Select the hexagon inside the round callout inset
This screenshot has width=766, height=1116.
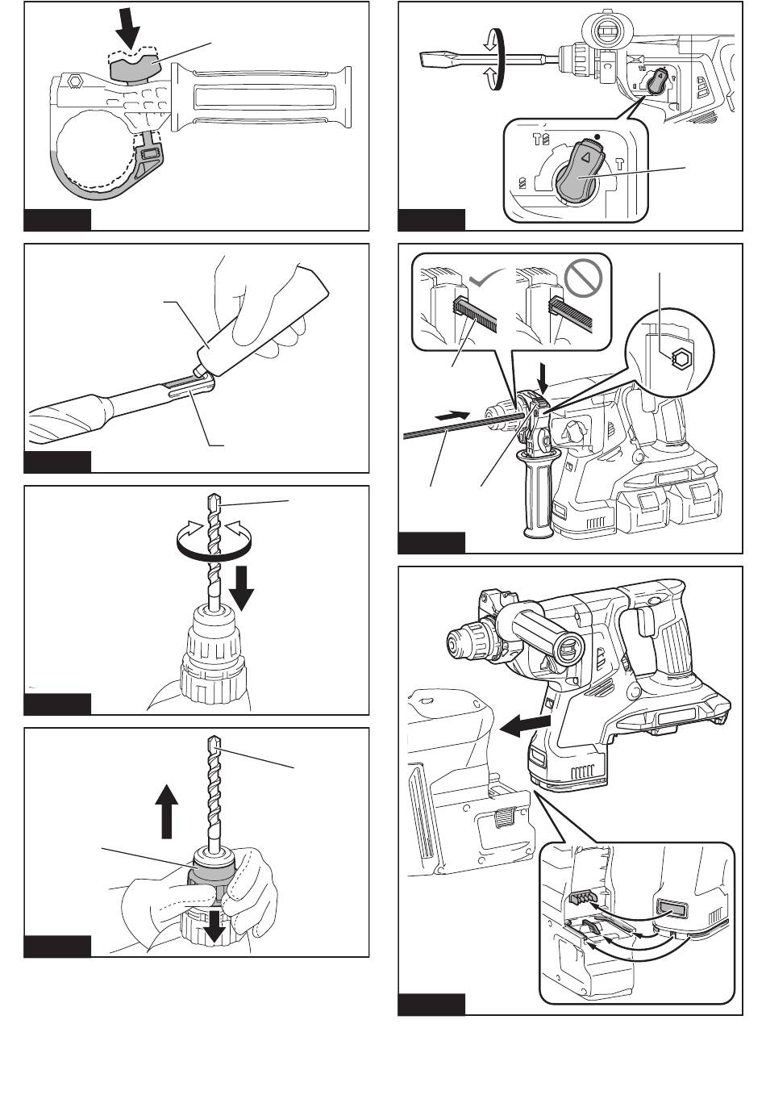point(679,358)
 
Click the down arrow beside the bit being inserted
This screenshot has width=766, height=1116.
point(241,595)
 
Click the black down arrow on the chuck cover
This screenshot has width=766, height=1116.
point(214,924)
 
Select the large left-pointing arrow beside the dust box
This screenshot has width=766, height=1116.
point(523,727)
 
